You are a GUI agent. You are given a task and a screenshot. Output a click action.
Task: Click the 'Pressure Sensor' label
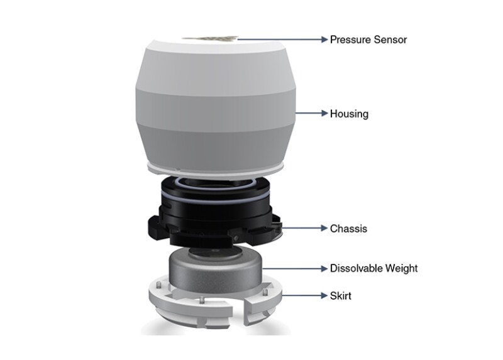point(368,40)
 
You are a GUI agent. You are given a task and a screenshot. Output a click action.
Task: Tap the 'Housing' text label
point(349,114)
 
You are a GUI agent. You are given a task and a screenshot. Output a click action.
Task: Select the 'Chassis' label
point(348,229)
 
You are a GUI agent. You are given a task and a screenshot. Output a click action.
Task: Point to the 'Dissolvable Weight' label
point(373,268)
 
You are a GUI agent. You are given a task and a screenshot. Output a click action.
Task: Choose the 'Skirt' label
point(340,295)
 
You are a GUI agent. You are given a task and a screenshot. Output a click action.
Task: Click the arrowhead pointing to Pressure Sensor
point(324,40)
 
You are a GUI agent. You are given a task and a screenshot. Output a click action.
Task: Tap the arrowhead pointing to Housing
point(324,113)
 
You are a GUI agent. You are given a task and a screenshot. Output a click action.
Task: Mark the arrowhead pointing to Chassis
point(324,228)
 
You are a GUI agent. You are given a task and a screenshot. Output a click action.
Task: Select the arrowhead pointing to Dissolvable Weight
point(324,268)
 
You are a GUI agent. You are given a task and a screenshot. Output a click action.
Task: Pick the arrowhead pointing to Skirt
point(324,295)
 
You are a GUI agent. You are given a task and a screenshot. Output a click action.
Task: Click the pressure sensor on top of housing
point(210,39)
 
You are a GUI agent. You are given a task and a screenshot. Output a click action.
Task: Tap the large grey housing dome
point(216,102)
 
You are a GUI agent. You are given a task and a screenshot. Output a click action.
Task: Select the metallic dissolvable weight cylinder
point(216,270)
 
